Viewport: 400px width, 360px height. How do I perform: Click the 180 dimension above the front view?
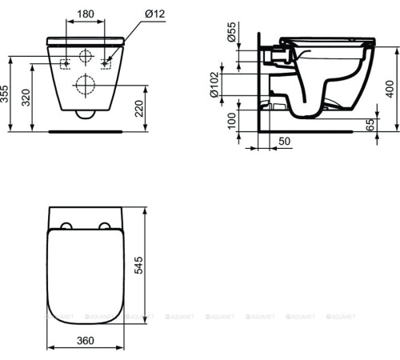point(86,14)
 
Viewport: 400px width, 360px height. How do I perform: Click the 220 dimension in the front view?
point(142,107)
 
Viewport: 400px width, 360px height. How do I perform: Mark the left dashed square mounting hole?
point(66,62)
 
